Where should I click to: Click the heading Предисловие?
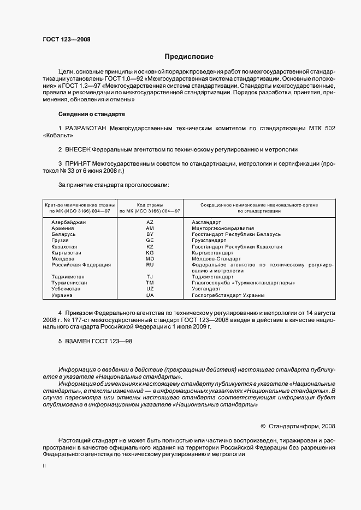click(x=189, y=57)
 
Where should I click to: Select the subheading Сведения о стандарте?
click(x=91, y=114)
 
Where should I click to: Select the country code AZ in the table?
click(x=150, y=222)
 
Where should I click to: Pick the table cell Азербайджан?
click(x=69, y=222)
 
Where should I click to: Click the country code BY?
click(x=150, y=234)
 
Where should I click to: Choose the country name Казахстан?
click(x=65, y=246)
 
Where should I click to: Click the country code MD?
click(x=150, y=259)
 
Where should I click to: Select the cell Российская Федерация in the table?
click(x=81, y=265)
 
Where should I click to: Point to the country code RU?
click(x=150, y=265)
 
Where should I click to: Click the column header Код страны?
click(x=150, y=204)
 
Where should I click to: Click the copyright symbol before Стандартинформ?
click(x=263, y=426)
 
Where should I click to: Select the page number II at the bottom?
click(x=44, y=466)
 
